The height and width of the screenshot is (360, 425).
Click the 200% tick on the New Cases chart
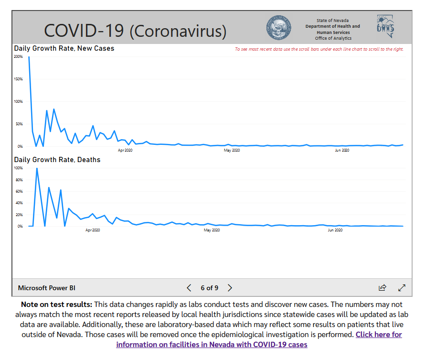(x=19, y=56)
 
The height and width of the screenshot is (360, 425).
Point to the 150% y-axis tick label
(x=19, y=79)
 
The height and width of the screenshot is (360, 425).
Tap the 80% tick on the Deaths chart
(x=19, y=180)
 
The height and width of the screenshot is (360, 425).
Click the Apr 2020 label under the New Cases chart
(x=125, y=151)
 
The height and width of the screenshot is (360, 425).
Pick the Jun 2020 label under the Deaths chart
(x=336, y=230)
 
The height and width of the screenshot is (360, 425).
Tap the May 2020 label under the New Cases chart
(x=232, y=151)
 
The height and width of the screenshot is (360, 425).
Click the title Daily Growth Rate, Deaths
(x=57, y=160)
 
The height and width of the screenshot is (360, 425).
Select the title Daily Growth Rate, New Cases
(x=64, y=48)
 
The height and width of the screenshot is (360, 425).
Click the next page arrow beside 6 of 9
(x=230, y=288)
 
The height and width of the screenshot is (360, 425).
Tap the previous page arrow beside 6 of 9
(x=189, y=288)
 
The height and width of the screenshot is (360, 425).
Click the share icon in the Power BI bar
(x=382, y=288)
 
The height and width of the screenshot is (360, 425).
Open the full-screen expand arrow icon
(x=402, y=288)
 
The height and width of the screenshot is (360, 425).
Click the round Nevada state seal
(x=278, y=28)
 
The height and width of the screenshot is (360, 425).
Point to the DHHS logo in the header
(x=386, y=27)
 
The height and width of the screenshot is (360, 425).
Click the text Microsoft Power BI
(x=47, y=288)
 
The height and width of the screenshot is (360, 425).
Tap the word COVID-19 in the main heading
(x=84, y=31)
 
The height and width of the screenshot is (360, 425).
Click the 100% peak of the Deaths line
(x=37, y=169)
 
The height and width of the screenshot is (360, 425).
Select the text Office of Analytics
(x=333, y=38)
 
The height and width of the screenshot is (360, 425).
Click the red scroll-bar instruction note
(x=319, y=49)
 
